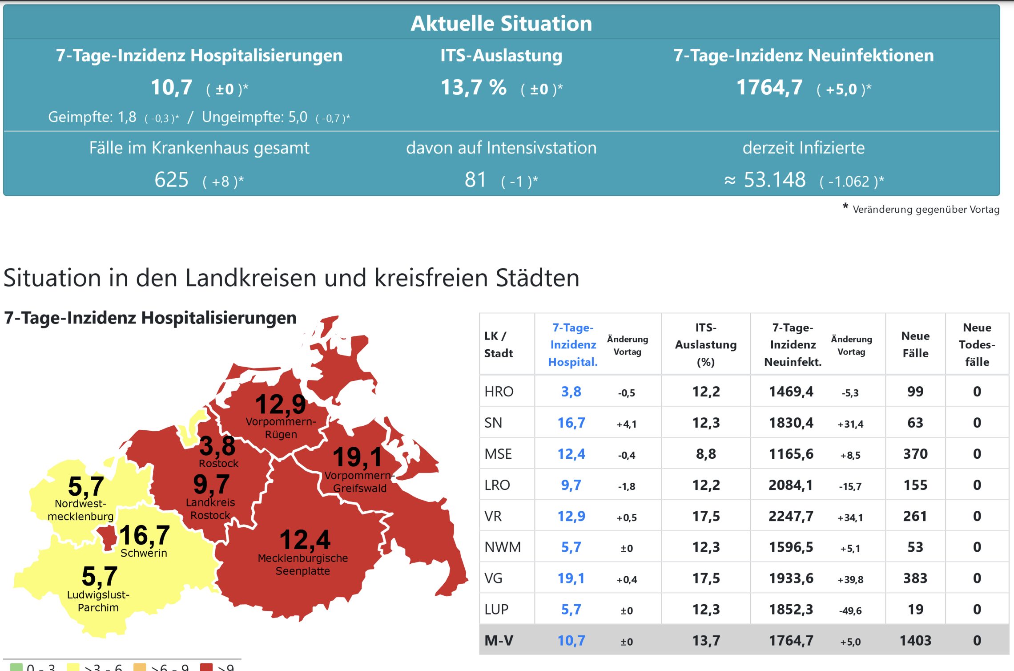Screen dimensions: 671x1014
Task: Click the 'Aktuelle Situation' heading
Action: click(x=501, y=23)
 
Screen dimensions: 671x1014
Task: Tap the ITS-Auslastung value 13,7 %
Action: click(x=473, y=87)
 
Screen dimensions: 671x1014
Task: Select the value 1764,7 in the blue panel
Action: click(x=769, y=87)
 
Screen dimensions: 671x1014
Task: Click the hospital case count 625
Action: click(x=171, y=180)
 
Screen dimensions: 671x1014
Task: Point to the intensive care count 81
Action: click(x=475, y=180)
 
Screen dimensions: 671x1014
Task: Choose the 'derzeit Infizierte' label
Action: click(x=803, y=148)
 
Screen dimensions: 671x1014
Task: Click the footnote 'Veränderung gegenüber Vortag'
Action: click(x=925, y=209)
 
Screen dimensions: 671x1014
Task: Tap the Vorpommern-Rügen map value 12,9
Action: click(x=280, y=404)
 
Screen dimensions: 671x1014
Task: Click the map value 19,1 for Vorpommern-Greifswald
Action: click(x=358, y=457)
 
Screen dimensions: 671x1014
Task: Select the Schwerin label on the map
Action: click(x=144, y=553)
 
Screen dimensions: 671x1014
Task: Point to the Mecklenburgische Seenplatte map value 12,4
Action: click(x=305, y=540)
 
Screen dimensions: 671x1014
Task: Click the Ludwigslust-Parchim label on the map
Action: click(x=98, y=601)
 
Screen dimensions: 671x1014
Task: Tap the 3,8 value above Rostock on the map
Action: click(x=217, y=446)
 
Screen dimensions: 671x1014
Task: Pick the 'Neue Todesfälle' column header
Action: click(x=977, y=344)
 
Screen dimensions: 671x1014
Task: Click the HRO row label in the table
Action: click(x=499, y=392)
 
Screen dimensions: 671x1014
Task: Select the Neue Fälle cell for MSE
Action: click(x=915, y=454)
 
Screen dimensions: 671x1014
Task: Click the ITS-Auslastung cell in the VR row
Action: click(x=706, y=516)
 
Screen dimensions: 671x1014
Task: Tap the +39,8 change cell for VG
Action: click(x=850, y=579)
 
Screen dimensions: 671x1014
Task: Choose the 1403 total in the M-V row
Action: click(x=915, y=640)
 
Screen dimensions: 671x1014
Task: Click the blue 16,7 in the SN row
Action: click(x=571, y=423)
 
